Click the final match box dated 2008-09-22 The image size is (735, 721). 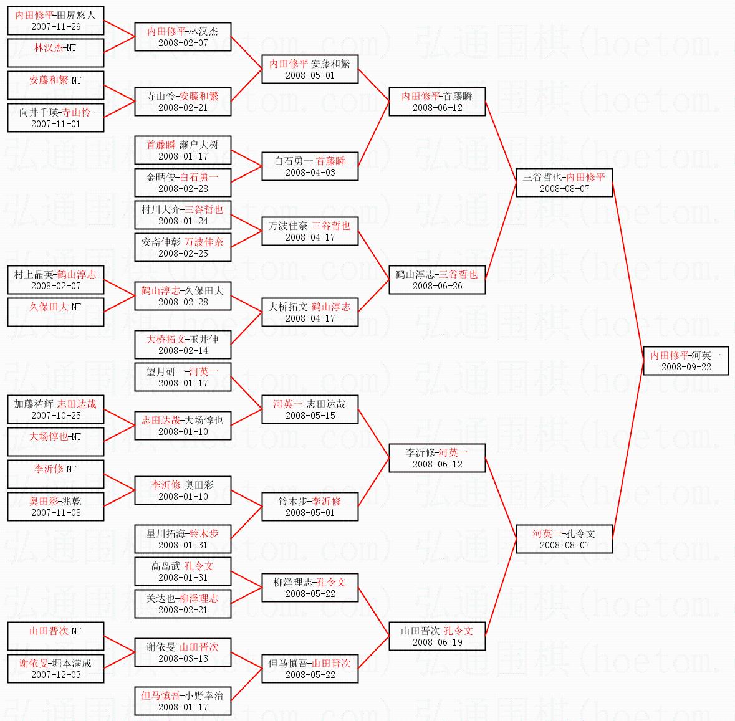686,361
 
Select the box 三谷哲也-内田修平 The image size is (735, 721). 564,183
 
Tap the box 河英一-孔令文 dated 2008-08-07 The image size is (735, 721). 564,539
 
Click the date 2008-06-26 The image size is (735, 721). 438,286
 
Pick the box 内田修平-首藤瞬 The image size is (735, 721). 438,102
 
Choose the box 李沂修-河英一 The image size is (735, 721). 438,458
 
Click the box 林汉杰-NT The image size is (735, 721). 55,53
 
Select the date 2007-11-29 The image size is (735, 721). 55,27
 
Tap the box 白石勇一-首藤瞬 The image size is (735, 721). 310,166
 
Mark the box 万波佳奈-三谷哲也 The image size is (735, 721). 310,231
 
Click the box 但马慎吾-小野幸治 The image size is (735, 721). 183,701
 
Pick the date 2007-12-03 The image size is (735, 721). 55,675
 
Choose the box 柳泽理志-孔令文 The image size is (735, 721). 310,588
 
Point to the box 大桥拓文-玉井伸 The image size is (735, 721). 183,345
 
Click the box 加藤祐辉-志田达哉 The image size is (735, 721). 55,409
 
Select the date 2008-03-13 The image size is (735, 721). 183,659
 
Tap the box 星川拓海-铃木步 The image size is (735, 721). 183,539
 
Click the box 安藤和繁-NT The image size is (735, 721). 55,85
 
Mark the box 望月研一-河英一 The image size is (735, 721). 183,377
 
